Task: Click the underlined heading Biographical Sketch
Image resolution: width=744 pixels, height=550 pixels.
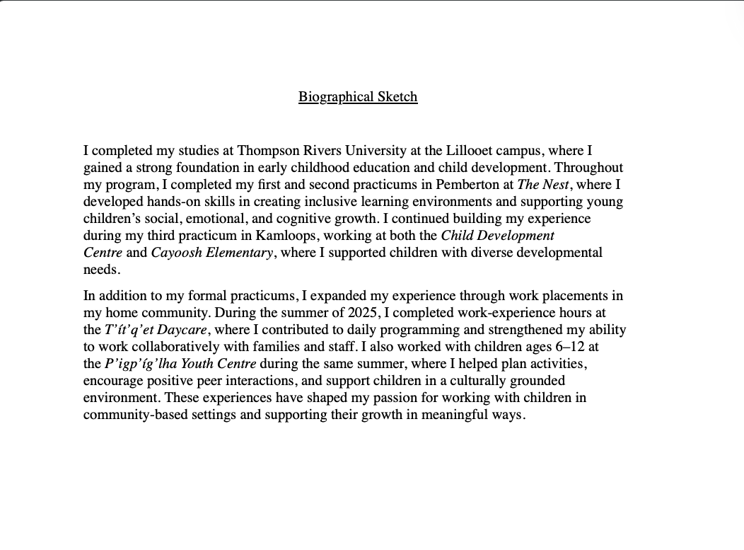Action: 358,97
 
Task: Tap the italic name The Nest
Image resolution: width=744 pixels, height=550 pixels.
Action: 543,185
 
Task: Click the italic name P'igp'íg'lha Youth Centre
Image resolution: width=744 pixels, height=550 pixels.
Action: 180,364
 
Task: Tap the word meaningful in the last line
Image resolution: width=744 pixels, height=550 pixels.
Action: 454,415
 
